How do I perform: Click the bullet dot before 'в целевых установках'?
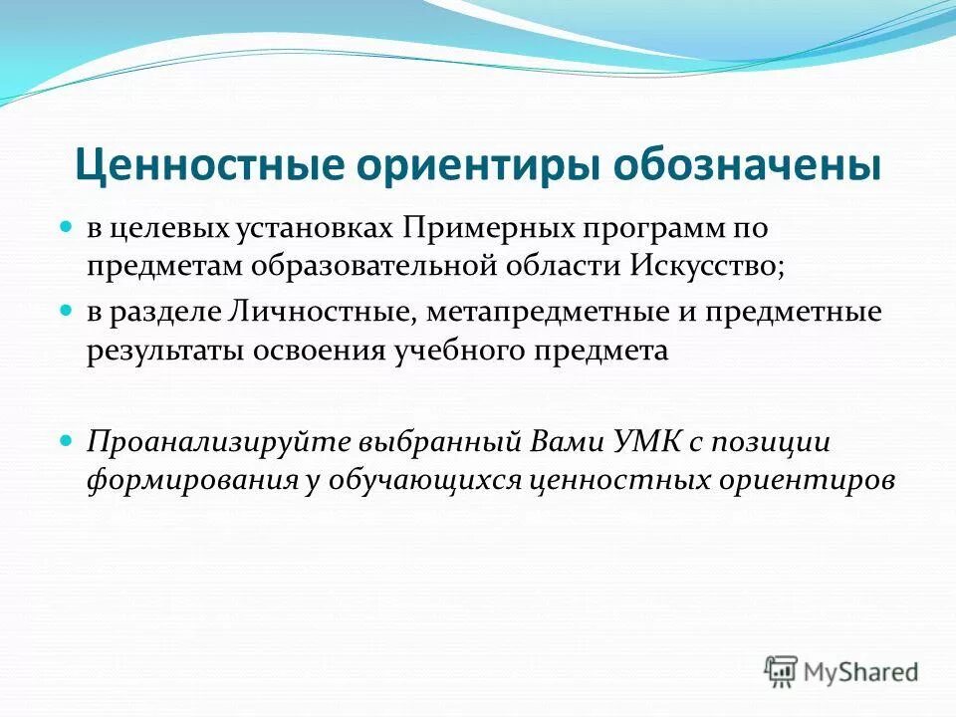click(69, 227)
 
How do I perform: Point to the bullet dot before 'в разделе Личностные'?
click(69, 312)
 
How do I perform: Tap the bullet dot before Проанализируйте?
click(69, 439)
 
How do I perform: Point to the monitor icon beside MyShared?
click(782, 671)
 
